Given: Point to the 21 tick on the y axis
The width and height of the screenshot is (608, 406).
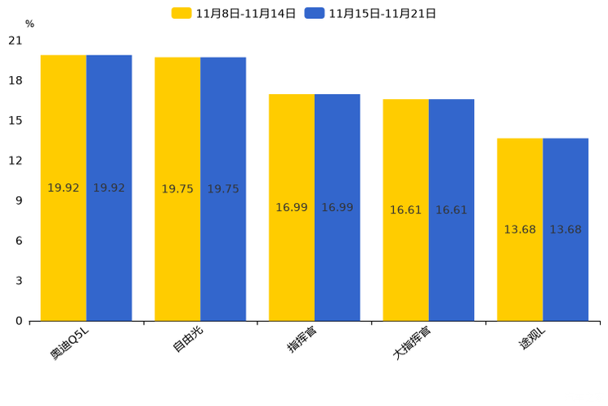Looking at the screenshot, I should (x=16, y=41).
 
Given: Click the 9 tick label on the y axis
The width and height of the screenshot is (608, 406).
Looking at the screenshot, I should (x=19, y=201).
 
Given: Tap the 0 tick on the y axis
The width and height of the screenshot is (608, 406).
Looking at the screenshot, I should (x=19, y=321).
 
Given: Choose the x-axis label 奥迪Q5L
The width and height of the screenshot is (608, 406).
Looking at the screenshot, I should (x=69, y=342).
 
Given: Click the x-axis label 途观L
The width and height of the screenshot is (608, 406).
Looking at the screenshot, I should (x=533, y=339).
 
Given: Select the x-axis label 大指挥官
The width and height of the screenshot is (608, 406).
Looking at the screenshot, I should (x=413, y=343).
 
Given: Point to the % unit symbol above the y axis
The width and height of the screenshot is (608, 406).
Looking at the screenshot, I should (x=29, y=24).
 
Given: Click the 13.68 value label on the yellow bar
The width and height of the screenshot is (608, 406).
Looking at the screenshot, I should (x=520, y=230).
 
